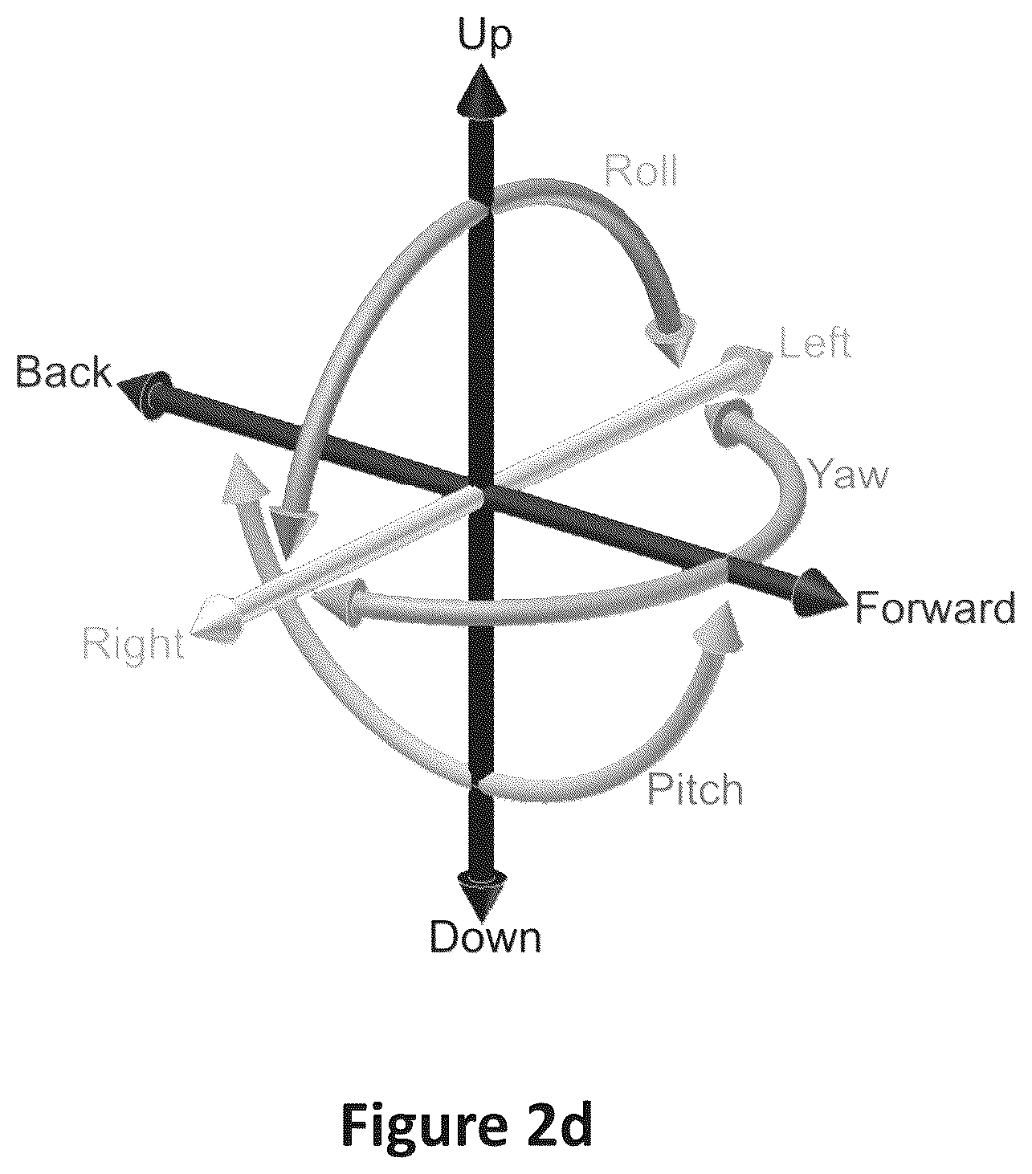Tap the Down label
pos(485,937)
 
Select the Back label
pos(63,373)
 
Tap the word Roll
pos(640,169)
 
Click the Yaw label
pos(848,474)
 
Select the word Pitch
pos(695,789)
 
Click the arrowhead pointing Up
pos(482,92)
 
